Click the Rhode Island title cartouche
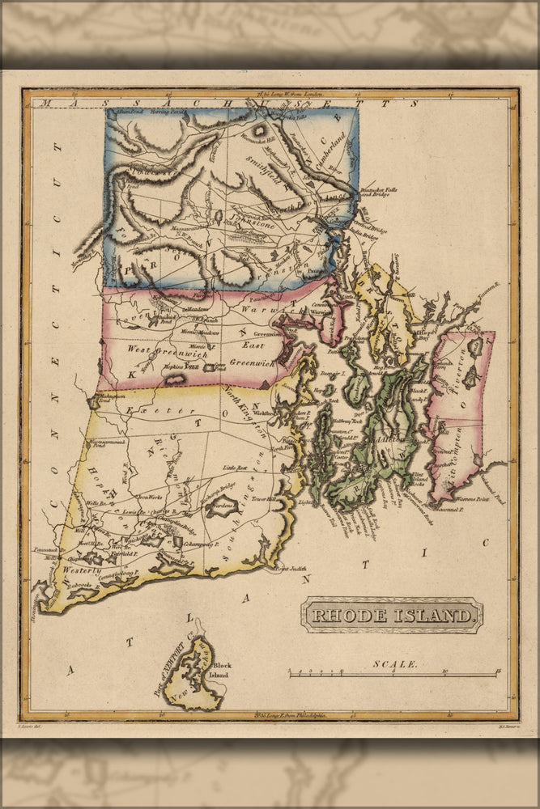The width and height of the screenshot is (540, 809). pos(393,616)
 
